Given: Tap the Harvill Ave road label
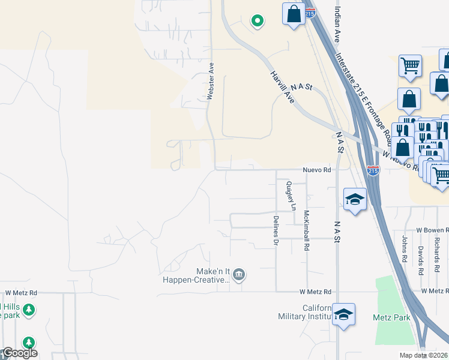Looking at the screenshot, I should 281,86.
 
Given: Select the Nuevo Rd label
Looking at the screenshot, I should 317,170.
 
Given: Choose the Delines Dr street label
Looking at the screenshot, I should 276,231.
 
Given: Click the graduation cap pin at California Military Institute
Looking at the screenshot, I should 343,314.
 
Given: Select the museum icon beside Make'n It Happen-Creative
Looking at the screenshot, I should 239,275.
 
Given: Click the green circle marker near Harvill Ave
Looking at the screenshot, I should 258,21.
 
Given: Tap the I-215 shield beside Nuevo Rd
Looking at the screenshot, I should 373,171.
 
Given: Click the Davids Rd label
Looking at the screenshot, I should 421,258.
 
